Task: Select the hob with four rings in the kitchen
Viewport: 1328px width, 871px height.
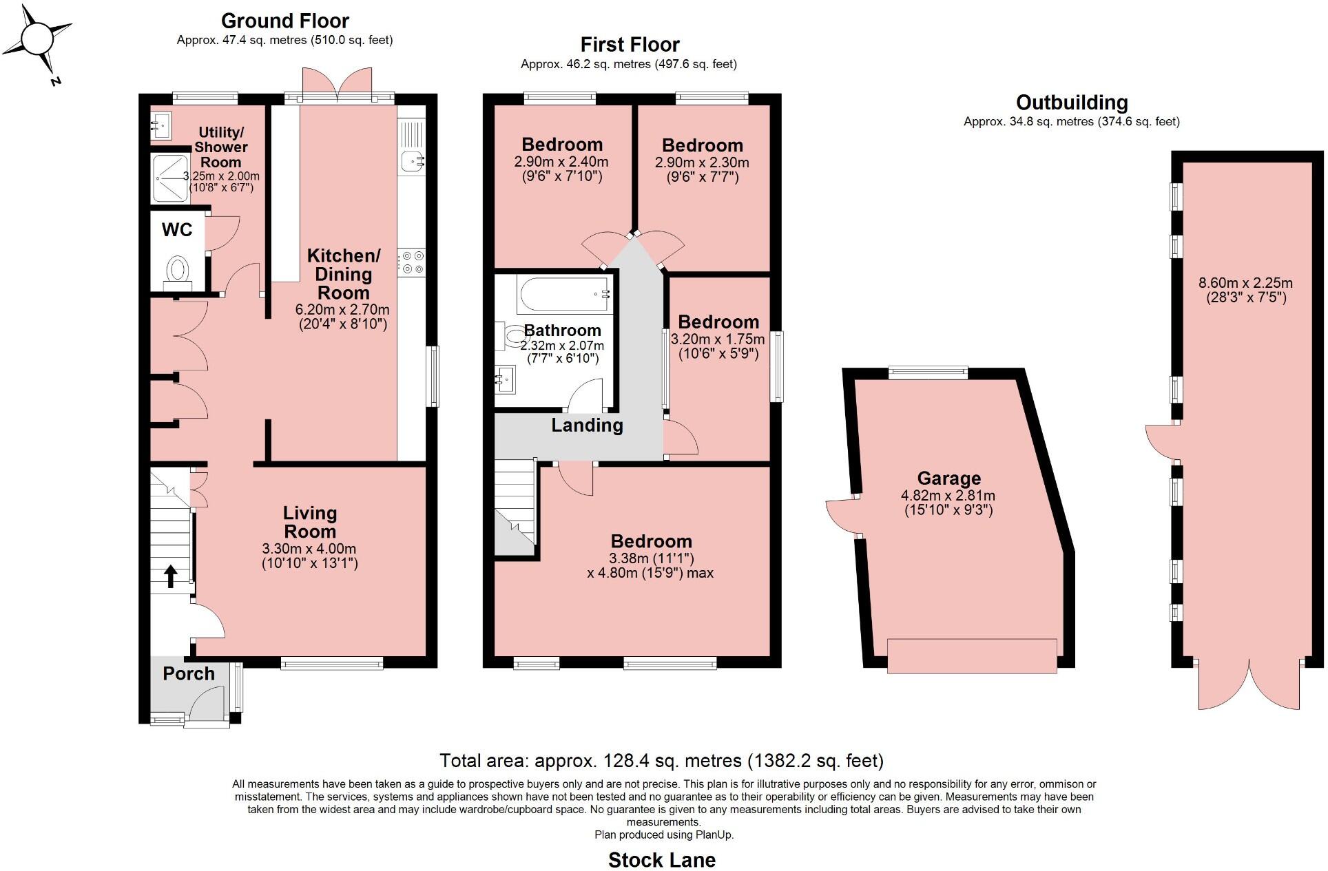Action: pos(413,262)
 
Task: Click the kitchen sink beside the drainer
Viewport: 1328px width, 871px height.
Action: pos(412,162)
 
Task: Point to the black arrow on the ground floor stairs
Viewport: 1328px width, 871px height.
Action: pos(170,576)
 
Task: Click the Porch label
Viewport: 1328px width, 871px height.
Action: pos(188,673)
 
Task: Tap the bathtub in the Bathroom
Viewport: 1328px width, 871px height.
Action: pos(563,295)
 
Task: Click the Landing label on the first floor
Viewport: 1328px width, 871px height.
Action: pos(586,426)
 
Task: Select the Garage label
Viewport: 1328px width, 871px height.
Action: pos(948,479)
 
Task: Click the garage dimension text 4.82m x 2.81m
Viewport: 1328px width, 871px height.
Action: pos(948,496)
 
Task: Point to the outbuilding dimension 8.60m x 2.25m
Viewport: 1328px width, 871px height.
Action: pos(1245,283)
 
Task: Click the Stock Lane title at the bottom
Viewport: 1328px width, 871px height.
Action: pos(661,860)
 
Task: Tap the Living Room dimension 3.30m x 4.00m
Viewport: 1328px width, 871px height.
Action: pos(309,549)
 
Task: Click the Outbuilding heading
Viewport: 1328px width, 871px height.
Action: pos(1071,103)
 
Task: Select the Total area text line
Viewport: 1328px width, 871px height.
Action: pos(661,761)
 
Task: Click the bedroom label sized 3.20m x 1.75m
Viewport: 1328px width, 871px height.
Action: pos(718,322)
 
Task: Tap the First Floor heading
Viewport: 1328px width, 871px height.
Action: pos(630,45)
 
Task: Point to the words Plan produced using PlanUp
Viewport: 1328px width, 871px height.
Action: pos(664,835)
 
